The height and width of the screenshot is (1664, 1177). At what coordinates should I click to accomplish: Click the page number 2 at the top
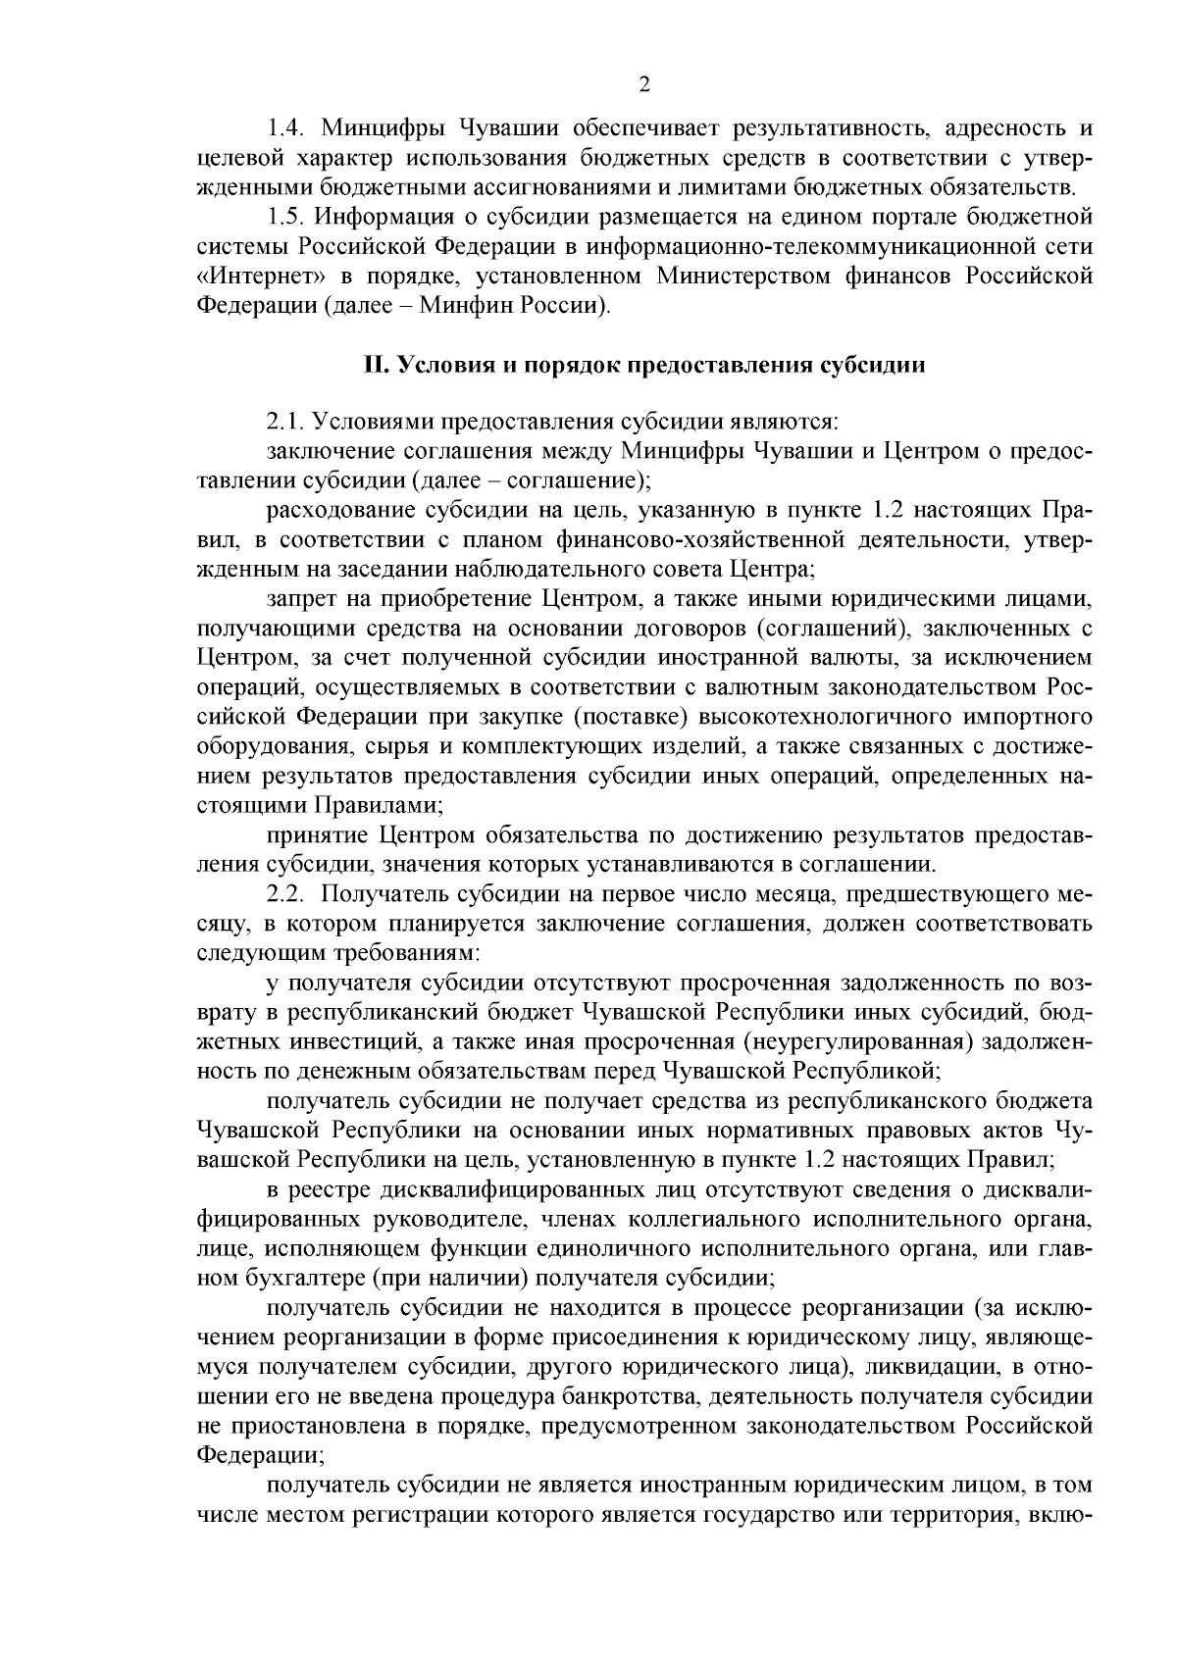tap(644, 85)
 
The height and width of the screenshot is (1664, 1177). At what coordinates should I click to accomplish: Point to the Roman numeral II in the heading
tap(376, 366)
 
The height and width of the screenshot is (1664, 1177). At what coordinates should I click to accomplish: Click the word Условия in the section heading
tap(436, 366)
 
